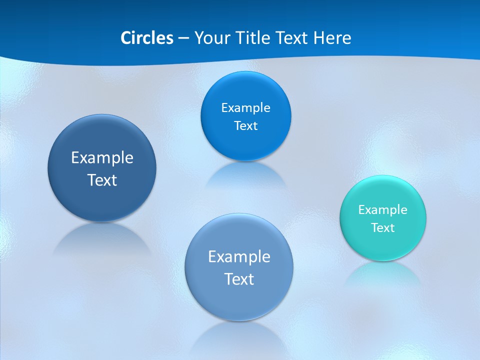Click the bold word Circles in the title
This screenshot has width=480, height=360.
tap(147, 38)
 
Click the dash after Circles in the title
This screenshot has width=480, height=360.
tap(183, 38)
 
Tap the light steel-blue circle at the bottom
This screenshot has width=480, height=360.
tap(239, 300)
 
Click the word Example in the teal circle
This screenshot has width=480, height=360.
tap(383, 209)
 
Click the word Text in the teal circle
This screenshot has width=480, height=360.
tap(383, 228)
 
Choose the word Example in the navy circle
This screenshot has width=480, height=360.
tap(102, 158)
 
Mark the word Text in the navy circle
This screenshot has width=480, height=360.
tap(102, 180)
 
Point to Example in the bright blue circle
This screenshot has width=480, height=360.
tap(245, 107)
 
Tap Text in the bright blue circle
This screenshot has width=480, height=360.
tap(245, 126)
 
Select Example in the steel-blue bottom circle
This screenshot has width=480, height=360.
tap(239, 257)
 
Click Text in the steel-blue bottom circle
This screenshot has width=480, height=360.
tap(239, 279)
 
